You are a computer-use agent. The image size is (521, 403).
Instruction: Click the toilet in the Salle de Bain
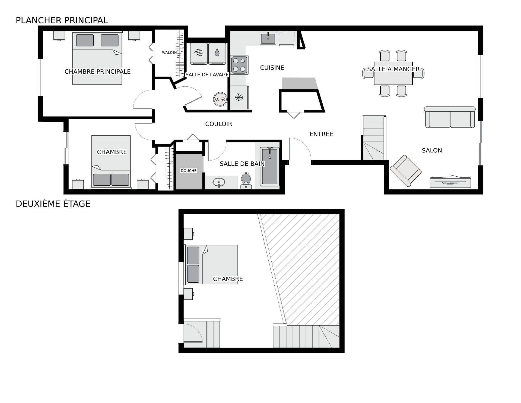[x=246, y=180]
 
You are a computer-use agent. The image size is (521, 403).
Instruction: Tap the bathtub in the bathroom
[x=270, y=167]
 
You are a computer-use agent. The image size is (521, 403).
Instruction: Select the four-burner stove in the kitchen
[x=239, y=65]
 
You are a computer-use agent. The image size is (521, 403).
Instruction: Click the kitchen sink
[x=268, y=38]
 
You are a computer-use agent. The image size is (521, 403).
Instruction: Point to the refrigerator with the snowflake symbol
[x=239, y=97]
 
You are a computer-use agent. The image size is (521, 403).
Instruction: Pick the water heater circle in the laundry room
[x=220, y=99]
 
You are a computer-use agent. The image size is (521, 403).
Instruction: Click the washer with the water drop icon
[x=217, y=54]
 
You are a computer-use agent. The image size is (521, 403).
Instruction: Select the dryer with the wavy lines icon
[x=199, y=54]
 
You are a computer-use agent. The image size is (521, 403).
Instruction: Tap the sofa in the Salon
[x=450, y=117]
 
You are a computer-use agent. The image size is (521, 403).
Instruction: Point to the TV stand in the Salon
[x=450, y=182]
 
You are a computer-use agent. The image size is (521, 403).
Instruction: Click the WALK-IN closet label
[x=169, y=52]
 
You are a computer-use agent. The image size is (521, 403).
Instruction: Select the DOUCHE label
[x=189, y=171]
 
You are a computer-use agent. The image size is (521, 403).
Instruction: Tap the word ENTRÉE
[x=321, y=134]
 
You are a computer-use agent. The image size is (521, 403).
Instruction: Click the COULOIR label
[x=218, y=124]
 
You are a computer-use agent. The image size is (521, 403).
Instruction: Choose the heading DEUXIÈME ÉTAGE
[x=53, y=204]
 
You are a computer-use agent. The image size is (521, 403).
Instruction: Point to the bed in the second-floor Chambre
[x=211, y=265]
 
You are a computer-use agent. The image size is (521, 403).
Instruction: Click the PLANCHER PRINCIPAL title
[x=62, y=20]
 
